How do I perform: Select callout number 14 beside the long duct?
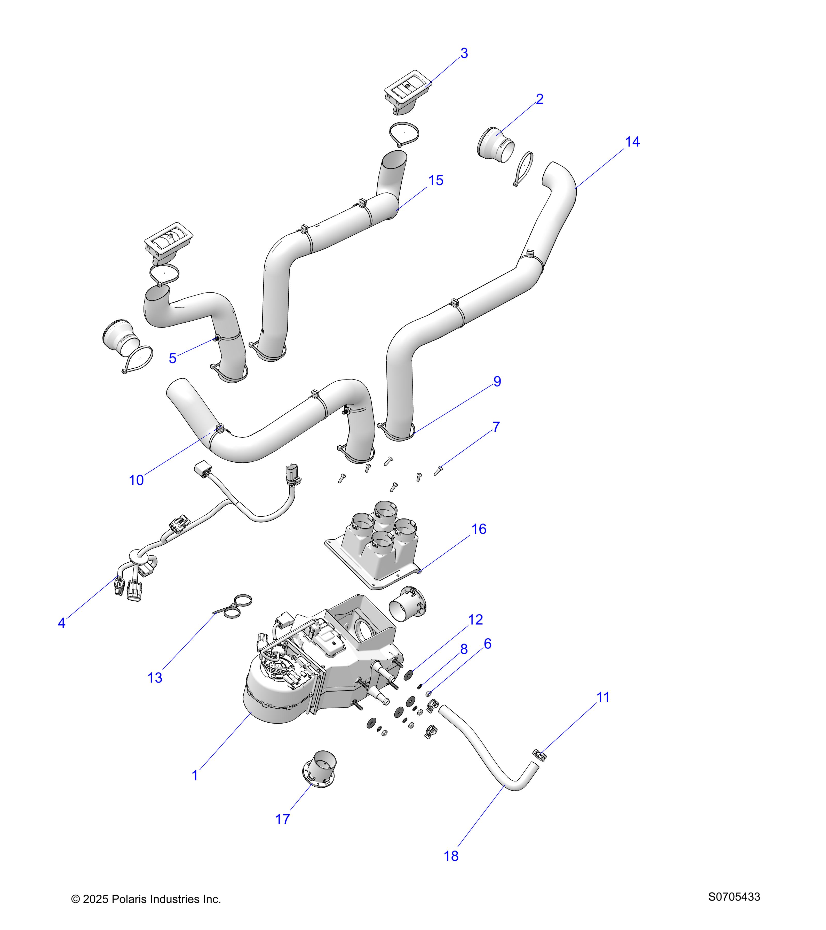tap(632, 142)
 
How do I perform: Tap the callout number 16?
tap(479, 529)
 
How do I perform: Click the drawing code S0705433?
tap(734, 897)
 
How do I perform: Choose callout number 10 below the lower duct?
tap(136, 480)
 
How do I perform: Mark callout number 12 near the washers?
tap(475, 620)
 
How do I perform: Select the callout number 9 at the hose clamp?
tap(497, 381)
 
